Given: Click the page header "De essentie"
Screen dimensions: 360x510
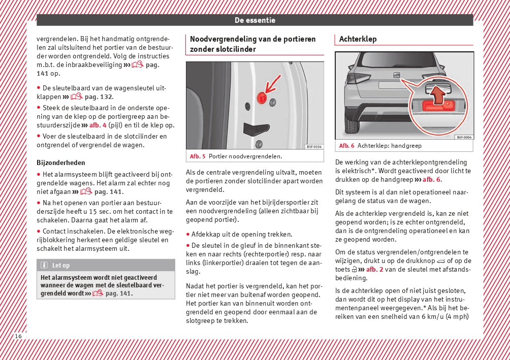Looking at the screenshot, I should (x=254, y=20).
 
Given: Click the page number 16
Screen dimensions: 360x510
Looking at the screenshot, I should (x=18, y=337).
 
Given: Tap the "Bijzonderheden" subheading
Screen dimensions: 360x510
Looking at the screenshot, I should (x=61, y=163).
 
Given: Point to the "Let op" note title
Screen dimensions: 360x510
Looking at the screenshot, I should (x=61, y=265).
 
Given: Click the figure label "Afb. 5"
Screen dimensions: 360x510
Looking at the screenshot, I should (x=198, y=156).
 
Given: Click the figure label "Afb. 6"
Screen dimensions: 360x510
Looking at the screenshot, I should (x=347, y=146).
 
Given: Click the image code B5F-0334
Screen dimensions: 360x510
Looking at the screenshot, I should (x=314, y=147).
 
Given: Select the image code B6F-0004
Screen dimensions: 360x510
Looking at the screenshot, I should (x=463, y=137).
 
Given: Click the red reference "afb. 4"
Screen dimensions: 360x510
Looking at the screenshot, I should (x=98, y=125).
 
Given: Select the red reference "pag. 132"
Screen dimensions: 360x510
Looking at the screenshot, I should (x=99, y=96).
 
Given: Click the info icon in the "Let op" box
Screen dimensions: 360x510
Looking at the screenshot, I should (x=44, y=265).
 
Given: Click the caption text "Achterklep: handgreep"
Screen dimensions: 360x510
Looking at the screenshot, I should (x=389, y=146).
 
